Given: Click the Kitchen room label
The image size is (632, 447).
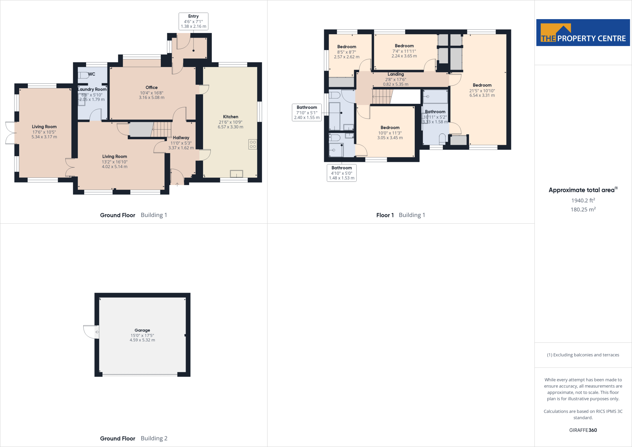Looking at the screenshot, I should (231, 117).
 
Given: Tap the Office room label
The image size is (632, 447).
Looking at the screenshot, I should (152, 88).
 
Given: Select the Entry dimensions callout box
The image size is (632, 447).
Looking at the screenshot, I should (193, 21).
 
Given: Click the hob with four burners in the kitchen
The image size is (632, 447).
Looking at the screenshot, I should (252, 144).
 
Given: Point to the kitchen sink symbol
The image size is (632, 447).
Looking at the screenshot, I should (236, 174).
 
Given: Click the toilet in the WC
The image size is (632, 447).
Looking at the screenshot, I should (83, 75).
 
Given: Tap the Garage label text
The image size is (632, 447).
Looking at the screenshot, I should (142, 330).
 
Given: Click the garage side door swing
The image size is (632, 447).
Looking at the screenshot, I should (91, 332).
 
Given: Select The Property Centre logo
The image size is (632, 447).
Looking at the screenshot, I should (583, 33).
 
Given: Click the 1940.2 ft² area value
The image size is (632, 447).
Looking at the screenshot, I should (583, 201).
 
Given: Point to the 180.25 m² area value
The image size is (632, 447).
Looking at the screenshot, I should (583, 210).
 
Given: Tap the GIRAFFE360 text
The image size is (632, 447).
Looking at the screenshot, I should (583, 430).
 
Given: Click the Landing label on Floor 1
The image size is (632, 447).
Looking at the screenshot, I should (396, 74).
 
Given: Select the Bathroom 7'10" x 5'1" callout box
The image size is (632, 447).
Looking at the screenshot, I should (307, 112).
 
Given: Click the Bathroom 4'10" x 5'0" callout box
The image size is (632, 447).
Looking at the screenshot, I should (342, 173).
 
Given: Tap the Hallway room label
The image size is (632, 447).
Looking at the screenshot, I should (181, 138).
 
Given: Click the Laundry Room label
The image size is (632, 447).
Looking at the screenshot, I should (92, 90).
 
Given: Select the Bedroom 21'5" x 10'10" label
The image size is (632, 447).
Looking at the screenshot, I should (482, 85).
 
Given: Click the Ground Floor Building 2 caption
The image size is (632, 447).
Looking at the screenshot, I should (134, 438).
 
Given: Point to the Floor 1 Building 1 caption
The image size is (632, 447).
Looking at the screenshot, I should (401, 215).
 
